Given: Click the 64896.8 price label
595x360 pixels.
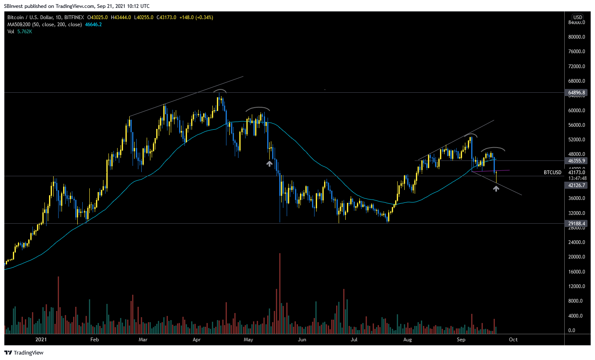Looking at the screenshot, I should (576, 93).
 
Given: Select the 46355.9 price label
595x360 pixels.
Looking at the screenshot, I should (576, 161).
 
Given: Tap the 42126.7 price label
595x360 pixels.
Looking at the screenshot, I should (576, 185).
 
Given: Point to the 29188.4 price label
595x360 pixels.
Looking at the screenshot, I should (576, 224).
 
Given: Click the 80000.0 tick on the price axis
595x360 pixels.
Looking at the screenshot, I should (577, 37).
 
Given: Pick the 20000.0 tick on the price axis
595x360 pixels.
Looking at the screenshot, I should (577, 257).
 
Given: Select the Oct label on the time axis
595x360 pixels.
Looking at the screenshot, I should (513, 340).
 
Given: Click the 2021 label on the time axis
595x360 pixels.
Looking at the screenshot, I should (41, 340).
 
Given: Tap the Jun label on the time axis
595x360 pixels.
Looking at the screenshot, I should (302, 340).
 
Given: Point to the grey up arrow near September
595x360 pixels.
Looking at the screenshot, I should (496, 189).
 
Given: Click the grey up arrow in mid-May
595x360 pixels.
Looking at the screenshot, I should (269, 164).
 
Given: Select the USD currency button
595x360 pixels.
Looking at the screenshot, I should (578, 17).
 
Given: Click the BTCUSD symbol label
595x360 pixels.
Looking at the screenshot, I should (552, 173).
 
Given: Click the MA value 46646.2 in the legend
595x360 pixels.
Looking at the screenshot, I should (93, 25).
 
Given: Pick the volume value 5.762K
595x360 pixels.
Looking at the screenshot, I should (25, 32).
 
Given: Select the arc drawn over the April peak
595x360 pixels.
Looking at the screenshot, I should (220, 91).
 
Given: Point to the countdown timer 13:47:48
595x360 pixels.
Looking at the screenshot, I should (578, 178).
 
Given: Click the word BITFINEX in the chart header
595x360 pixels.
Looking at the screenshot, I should (74, 17).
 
